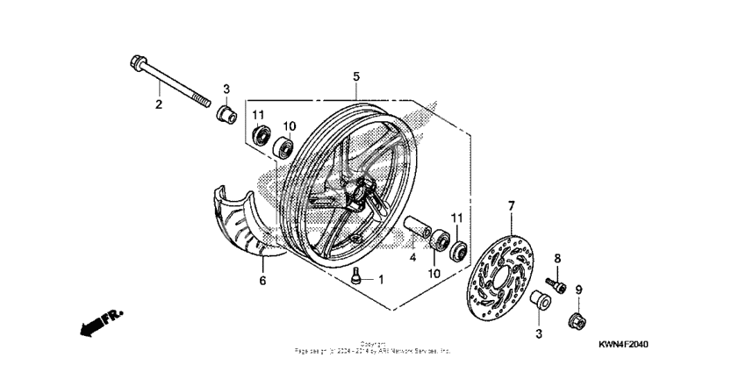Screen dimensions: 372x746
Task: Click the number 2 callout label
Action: click(x=159, y=105)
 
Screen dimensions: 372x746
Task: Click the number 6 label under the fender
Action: click(x=261, y=281)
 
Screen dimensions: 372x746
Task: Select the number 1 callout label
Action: click(x=381, y=280)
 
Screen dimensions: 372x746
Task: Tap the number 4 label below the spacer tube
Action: click(x=412, y=258)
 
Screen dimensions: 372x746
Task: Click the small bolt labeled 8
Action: click(x=553, y=283)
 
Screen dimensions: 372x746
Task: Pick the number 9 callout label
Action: click(x=578, y=290)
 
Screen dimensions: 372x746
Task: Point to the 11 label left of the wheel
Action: click(x=259, y=116)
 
